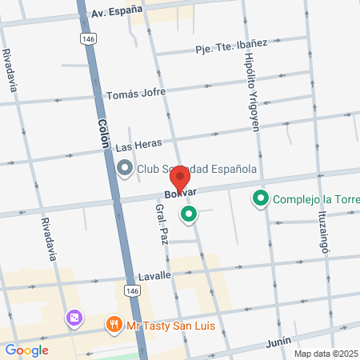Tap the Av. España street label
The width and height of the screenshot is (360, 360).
pyautogui.click(x=116, y=11)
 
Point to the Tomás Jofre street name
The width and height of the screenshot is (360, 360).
pyautogui.click(x=136, y=93)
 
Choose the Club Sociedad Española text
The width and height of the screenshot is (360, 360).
pyautogui.click(x=196, y=169)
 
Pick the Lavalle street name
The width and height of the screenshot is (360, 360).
pyautogui.click(x=154, y=275)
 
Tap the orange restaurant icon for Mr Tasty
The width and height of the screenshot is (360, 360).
pyautogui.click(x=114, y=325)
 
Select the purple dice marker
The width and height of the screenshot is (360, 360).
pyautogui.click(x=74, y=318)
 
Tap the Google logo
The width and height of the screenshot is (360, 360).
pyautogui.click(x=26, y=350)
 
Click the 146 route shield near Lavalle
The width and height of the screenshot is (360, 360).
pyautogui.click(x=133, y=292)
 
